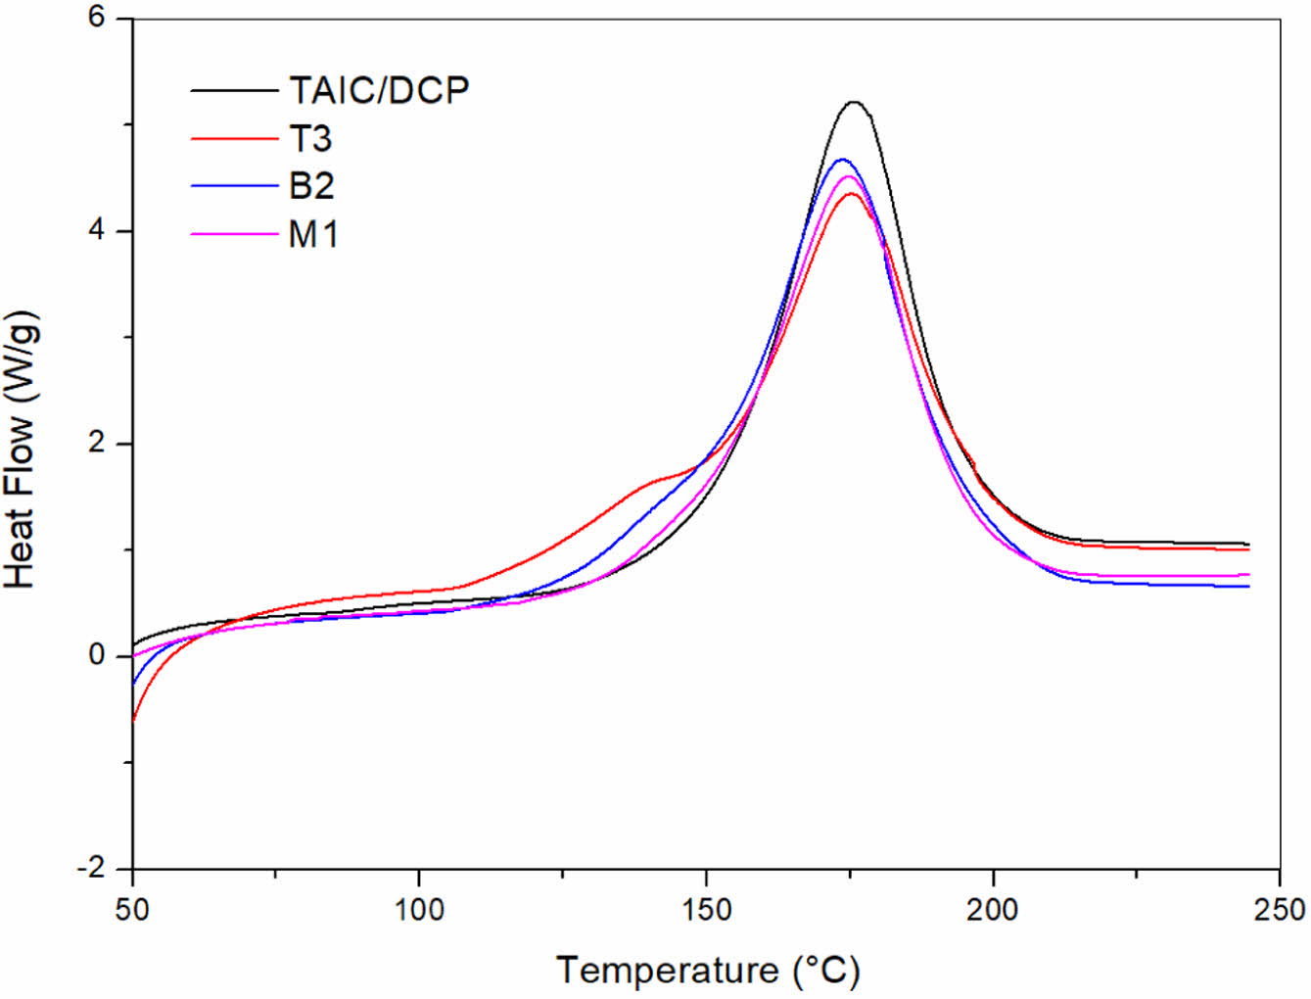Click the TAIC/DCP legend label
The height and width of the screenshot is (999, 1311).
coord(379,91)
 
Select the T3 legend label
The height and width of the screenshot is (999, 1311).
coord(310,139)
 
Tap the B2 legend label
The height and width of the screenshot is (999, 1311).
coord(311,186)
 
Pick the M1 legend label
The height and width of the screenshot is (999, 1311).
coord(313,234)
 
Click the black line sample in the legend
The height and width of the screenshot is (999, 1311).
coord(234,91)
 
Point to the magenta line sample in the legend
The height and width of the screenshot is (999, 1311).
coord(234,234)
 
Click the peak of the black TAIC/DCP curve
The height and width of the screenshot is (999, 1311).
coord(854,102)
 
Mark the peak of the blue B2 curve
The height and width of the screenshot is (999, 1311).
coord(841,160)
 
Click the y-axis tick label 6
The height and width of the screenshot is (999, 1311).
coord(96,19)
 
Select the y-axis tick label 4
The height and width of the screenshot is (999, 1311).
coord(96,231)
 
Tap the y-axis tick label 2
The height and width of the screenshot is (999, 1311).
coord(96,444)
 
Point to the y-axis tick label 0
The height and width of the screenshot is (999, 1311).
coord(96,655)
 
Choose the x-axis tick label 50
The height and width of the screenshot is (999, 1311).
coord(132,910)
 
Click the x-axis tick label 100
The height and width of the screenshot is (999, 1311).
coord(419,910)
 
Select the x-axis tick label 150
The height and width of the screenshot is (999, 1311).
coord(706,910)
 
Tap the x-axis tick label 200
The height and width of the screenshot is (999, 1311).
coord(993,910)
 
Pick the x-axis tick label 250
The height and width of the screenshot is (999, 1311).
coord(1280,910)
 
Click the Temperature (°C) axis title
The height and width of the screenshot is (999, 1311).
coord(708,970)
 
